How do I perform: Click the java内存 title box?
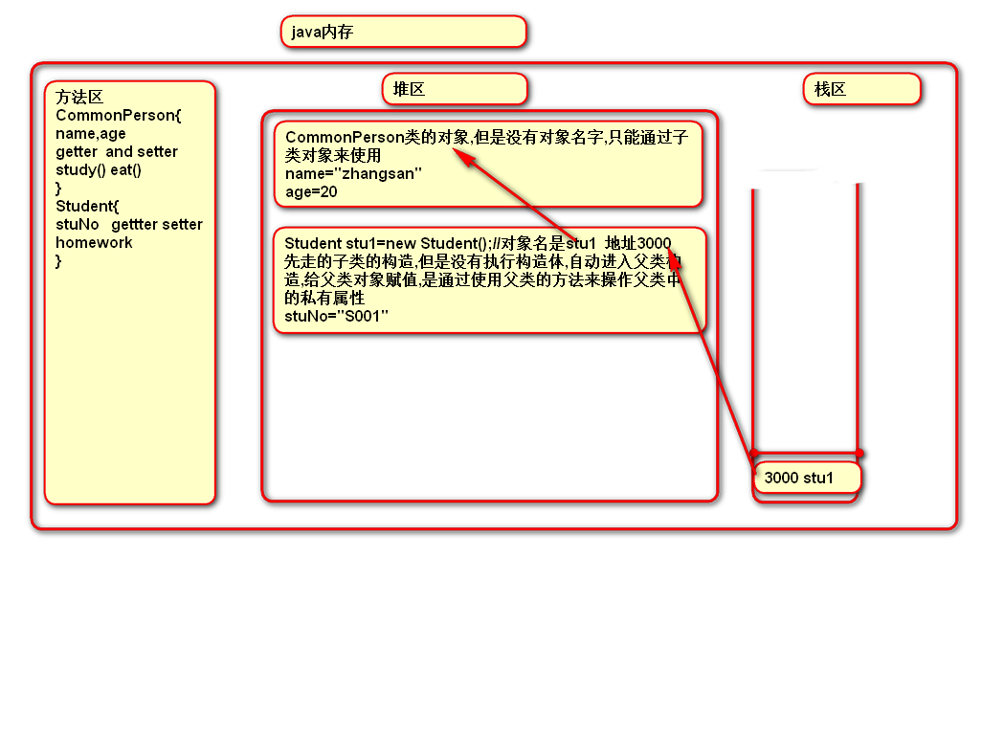403,32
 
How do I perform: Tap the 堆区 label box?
455,89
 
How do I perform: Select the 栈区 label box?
860,89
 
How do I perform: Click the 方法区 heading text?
79,97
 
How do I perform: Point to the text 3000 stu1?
799,478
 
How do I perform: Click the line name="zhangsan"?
353,173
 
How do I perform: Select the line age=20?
311,191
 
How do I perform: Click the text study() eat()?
99,170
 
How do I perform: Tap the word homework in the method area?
94,243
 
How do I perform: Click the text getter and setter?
116,152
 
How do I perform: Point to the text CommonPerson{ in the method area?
118,116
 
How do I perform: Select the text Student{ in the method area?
87,207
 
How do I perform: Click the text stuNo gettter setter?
129,225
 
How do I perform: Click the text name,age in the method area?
91,134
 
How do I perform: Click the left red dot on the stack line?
754,453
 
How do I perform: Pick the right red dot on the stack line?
859,453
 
